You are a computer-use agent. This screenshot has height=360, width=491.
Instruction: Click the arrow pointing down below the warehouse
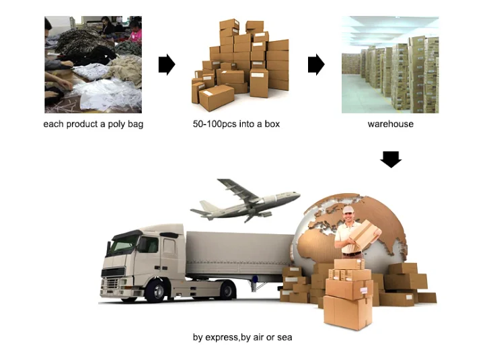coord(391,159)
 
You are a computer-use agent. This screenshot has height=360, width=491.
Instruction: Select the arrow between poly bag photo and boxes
coord(167,65)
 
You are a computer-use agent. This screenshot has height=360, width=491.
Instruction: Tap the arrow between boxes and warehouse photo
coord(316,65)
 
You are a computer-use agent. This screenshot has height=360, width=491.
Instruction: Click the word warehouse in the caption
coord(391,124)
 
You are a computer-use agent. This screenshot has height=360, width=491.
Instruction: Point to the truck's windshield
coord(124,244)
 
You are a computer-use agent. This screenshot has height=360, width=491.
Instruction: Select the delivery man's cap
coord(348,209)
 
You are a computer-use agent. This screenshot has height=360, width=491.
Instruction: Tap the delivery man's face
coord(348,217)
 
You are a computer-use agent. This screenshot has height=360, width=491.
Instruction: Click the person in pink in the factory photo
coord(136,32)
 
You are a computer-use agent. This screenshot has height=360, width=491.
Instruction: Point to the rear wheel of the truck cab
coord(227,290)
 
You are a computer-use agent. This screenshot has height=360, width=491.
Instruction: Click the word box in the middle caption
coord(272,124)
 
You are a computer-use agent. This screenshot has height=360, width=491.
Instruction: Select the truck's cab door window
coord(169,246)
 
